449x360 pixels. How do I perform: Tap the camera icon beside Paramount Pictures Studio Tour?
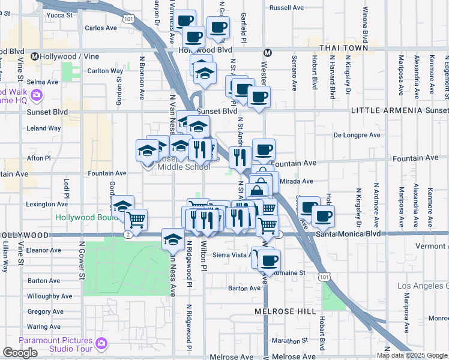coord(101,344)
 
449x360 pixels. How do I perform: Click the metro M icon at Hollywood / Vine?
coord(35,56)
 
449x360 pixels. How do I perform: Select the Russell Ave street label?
coord(287,8)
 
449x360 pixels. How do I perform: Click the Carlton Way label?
coord(105,71)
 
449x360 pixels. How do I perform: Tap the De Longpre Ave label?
coord(357,135)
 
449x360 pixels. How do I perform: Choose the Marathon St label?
coord(289,340)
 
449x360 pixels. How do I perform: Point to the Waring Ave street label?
coord(44,327)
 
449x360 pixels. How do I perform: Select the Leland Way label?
coord(44,128)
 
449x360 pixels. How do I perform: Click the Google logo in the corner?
coord(20,353)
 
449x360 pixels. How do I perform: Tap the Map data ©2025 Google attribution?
coord(411,355)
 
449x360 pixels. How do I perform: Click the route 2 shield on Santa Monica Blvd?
coord(128,234)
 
